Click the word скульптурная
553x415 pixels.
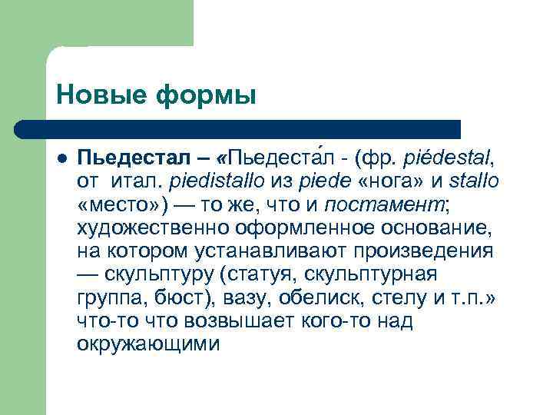click(392, 274)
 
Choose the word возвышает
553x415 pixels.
click(214, 320)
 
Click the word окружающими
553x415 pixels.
click(148, 344)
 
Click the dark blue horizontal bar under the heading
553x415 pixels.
click(238, 129)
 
